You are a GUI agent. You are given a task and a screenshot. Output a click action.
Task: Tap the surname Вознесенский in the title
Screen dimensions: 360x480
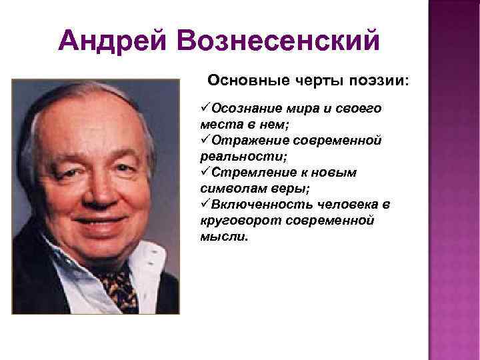click(277, 41)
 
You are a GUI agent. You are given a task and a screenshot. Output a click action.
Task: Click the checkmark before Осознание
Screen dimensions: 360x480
click(205, 108)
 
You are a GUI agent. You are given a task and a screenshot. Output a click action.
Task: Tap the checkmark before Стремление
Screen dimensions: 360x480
click(205, 172)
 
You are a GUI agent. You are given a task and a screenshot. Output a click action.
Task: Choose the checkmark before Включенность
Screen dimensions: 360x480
click(205, 204)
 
